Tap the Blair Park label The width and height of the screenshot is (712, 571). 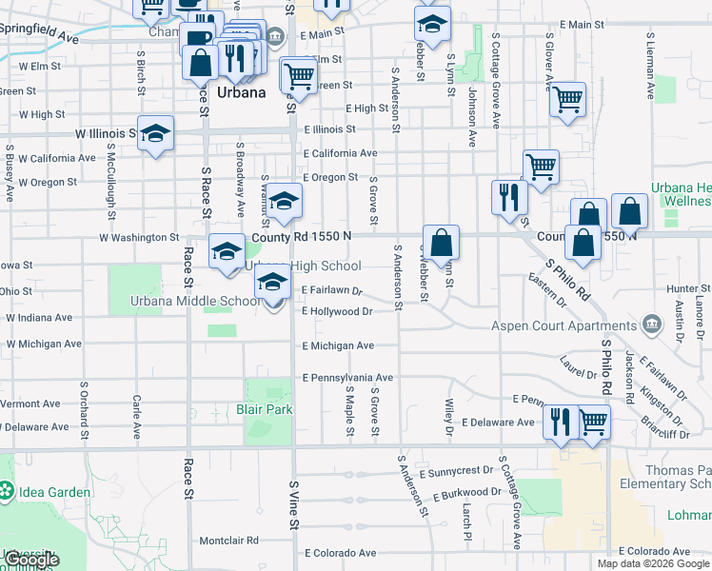coord(264,410)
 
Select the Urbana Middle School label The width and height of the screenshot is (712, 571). coord(194,302)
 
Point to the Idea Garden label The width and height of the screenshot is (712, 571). coord(58,492)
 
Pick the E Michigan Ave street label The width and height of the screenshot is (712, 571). coord(339,346)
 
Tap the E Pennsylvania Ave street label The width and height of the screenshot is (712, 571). coord(348,378)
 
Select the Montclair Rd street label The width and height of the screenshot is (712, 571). coord(228,541)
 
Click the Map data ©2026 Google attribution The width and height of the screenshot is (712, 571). coord(653,563)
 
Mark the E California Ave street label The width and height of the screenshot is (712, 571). coord(340,153)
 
